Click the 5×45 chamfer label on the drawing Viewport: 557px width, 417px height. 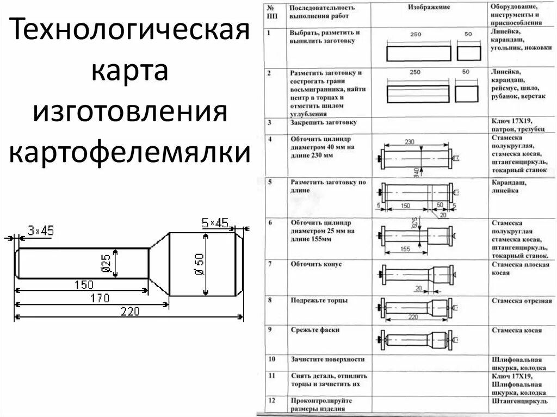tap(215, 222)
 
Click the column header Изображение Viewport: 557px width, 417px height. tap(429, 8)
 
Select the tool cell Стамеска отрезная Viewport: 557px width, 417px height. tap(521, 301)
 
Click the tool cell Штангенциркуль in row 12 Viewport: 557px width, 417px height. tap(519, 401)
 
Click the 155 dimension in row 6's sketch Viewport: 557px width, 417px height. tap(405, 249)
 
